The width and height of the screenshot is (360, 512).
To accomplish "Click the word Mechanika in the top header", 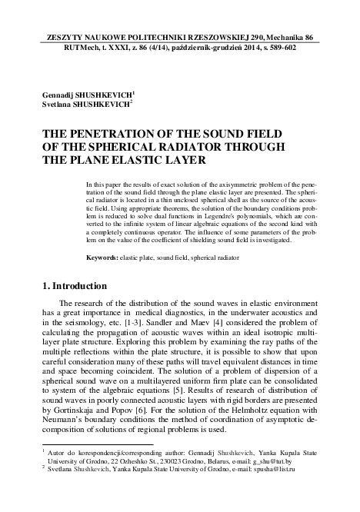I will pyautogui.click(x=289, y=37).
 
